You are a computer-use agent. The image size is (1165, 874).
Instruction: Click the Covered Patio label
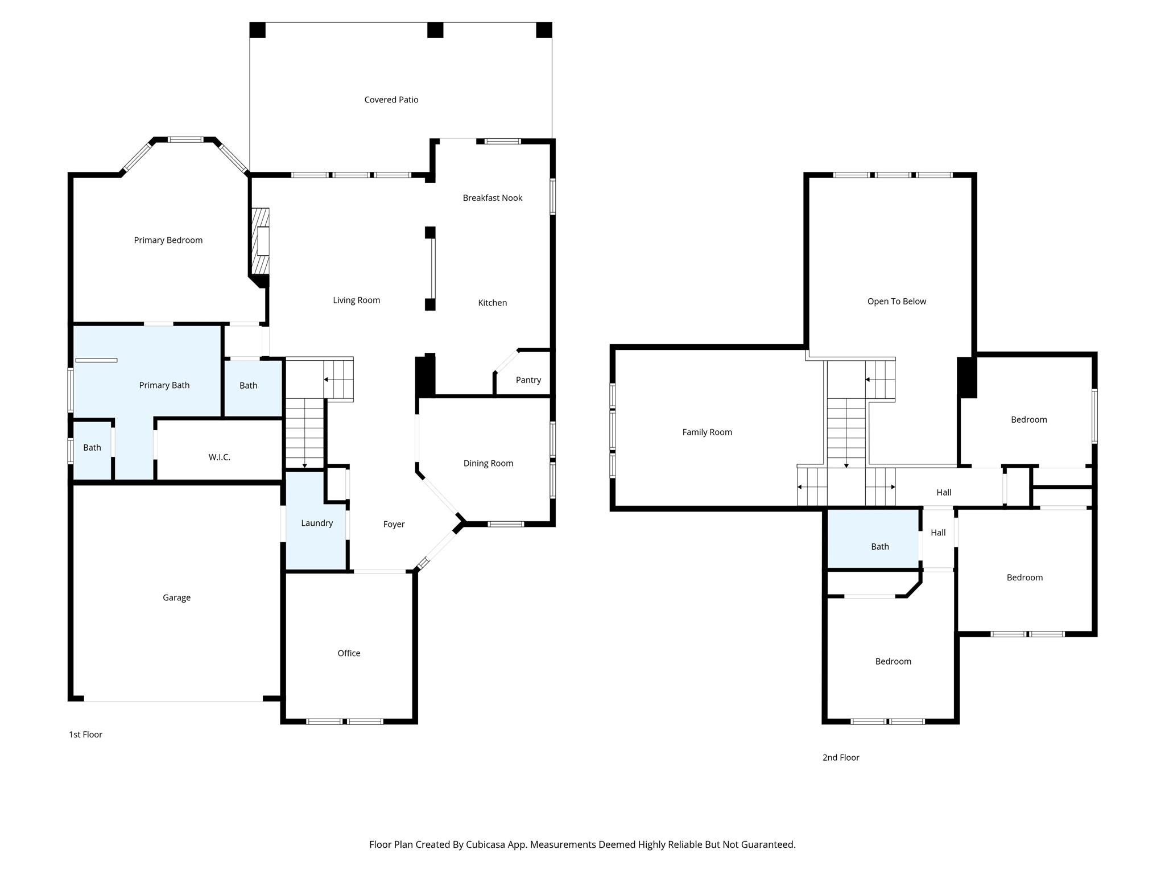(391, 100)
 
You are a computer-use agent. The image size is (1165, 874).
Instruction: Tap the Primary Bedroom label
(168, 240)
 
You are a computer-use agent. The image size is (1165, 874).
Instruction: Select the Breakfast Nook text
(493, 198)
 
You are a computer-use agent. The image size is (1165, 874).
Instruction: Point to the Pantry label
(528, 380)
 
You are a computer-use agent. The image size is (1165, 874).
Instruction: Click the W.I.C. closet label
(220, 457)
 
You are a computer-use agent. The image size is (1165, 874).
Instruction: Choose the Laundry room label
(317, 523)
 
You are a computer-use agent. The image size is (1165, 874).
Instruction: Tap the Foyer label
(394, 524)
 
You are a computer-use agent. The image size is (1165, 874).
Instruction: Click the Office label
(349, 653)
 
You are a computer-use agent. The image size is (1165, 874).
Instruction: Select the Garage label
(177, 597)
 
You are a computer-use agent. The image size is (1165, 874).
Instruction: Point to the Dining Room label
(489, 463)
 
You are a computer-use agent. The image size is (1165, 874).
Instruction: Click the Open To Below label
(897, 302)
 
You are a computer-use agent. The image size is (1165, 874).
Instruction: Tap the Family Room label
(708, 432)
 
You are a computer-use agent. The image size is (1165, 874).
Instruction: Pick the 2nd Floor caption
(841, 757)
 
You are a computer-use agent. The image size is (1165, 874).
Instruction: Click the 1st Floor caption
(86, 735)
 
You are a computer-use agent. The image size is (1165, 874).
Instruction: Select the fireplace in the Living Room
(261, 241)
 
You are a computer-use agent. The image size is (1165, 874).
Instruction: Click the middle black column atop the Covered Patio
(435, 30)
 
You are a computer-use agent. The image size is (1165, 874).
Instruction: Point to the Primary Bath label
(164, 385)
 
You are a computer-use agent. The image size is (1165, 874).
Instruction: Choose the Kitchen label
(493, 303)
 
